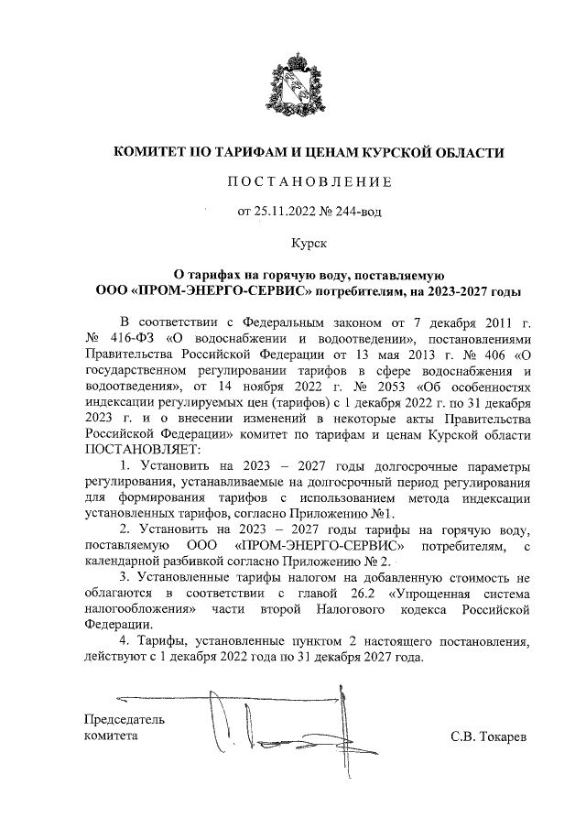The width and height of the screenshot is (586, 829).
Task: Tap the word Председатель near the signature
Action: click(125, 719)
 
